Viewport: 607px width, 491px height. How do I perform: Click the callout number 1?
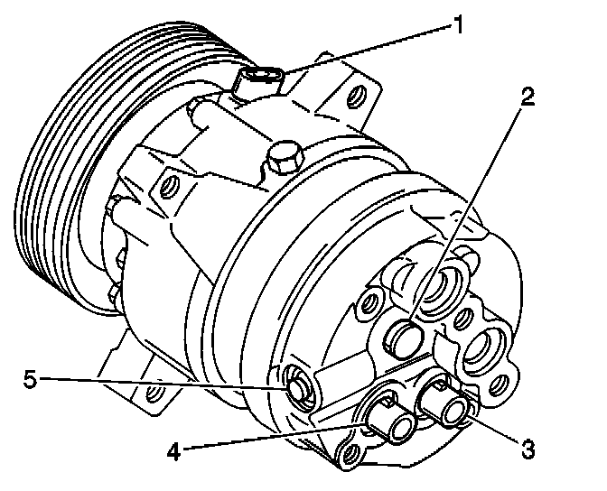pos(459,25)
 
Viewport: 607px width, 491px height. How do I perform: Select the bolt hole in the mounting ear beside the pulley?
pos(165,189)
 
